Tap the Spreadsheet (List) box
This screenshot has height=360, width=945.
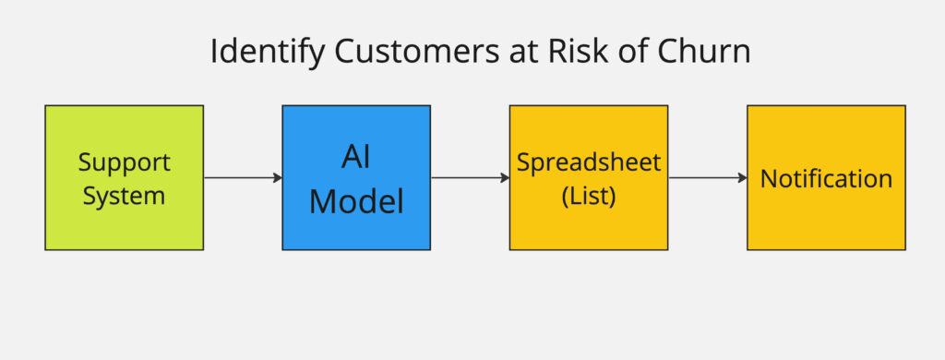(589, 226)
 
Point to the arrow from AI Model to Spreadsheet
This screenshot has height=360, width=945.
(469, 177)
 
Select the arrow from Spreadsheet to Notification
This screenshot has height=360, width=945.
(706, 177)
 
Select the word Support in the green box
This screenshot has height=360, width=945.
(124, 163)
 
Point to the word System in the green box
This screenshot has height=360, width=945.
(124, 195)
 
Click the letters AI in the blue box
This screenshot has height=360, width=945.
(356, 158)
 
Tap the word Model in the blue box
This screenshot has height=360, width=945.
(356, 199)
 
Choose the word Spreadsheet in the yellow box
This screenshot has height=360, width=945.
(589, 162)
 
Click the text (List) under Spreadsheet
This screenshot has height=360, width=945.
(589, 195)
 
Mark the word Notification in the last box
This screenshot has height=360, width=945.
(826, 178)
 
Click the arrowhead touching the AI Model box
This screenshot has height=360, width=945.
(277, 177)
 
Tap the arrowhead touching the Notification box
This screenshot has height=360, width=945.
(742, 177)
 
